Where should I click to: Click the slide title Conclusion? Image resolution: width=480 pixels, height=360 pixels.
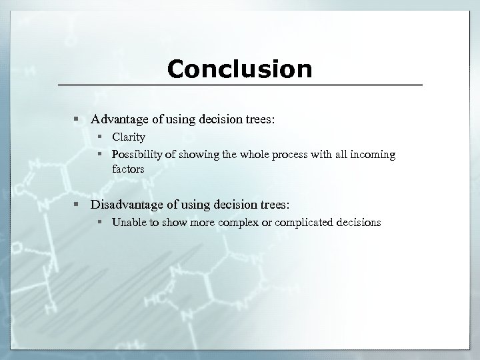[239, 69]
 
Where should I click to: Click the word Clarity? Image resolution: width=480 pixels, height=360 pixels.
[128, 137]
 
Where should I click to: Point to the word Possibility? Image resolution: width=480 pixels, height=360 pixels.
[137, 155]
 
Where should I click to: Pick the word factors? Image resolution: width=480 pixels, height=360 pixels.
[128, 169]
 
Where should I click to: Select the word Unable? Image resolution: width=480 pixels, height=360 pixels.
[129, 223]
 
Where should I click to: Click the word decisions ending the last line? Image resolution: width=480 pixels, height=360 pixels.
[358, 223]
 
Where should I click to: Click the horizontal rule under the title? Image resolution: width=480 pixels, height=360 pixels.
[239, 85]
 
